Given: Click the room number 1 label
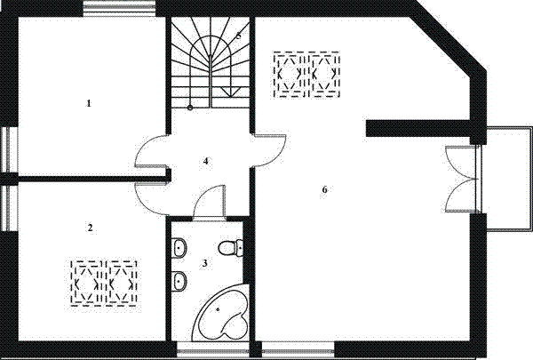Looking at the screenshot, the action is point(89,103).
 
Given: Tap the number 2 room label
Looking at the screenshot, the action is point(90,228).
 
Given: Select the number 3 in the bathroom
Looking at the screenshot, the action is point(204,263).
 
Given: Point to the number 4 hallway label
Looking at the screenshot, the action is point(205,161).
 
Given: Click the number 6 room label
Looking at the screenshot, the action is point(324,189).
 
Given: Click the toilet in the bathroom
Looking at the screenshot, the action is point(230,248).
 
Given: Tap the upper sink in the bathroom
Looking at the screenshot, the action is point(179,248).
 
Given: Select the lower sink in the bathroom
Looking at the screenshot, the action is point(179,282).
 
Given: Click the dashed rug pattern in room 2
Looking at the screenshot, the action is point(104,283).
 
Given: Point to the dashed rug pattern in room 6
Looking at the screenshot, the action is point(306,75).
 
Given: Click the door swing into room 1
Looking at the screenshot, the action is point(151,151).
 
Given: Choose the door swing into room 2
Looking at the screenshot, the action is point(151,197).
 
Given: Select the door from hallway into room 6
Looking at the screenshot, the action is point(270,151).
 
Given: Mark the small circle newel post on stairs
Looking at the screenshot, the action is point(190,108).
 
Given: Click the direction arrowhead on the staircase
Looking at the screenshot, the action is point(230,92).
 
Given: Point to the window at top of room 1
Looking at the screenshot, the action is point(119,9).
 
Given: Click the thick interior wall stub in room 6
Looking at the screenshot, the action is point(418,128).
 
